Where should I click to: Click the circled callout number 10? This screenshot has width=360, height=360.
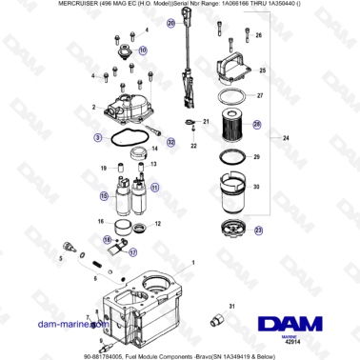[143, 50]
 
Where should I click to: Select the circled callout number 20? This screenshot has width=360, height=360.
[170, 22]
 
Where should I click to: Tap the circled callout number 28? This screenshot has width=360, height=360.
[257, 123]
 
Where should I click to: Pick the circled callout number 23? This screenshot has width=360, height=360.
[259, 230]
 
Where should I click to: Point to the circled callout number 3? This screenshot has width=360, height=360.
[98, 138]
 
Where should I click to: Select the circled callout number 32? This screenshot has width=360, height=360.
[171, 142]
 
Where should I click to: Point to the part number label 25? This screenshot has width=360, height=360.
[260, 70]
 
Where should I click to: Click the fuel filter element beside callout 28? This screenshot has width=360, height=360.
[229, 125]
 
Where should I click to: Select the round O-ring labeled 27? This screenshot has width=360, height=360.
[226, 96]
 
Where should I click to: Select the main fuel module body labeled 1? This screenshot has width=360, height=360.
[143, 305]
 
